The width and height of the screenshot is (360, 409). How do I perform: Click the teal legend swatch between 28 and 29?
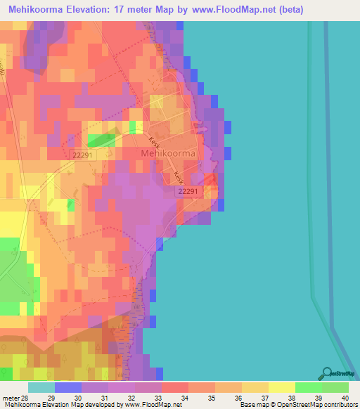pyautogui.click(x=41, y=387)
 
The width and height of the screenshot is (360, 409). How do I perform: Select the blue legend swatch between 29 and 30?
pyautogui.click(x=68, y=387)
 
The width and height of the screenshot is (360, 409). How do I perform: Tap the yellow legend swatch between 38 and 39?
pyautogui.click(x=281, y=387)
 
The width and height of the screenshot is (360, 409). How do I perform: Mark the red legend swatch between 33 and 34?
pyautogui.click(x=175, y=387)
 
